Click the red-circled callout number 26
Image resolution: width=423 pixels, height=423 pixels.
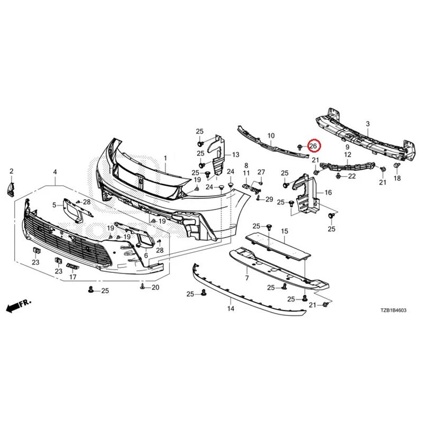click(312, 146)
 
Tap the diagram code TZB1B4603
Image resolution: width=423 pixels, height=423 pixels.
click(393, 310)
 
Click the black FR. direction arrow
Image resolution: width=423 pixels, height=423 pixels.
click(19, 305)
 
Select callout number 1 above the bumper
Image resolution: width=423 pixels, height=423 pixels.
click(165, 158)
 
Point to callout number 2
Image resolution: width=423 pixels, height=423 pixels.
click(11, 171)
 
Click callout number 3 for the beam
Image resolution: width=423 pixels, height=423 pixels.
click(367, 124)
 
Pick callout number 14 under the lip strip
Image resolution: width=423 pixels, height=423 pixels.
click(231, 308)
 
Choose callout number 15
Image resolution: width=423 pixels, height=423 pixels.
click(284, 231)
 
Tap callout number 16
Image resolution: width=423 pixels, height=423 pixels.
click(328, 192)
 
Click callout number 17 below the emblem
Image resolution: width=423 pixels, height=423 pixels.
click(73, 277)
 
